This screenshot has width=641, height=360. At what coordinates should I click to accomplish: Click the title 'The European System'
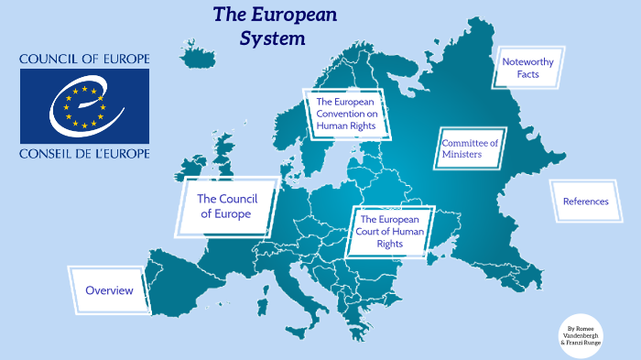coord(275,26)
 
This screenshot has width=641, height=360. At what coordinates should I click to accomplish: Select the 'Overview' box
coord(109,290)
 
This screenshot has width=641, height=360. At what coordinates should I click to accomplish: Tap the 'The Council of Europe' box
coord(224,206)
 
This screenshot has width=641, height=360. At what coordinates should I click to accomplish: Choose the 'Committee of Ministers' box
coord(469,148)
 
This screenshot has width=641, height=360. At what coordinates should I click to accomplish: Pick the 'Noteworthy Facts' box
coord(527,68)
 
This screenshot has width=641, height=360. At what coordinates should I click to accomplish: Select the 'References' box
coord(585,202)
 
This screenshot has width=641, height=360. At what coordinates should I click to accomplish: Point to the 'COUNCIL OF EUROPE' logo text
coord(84,60)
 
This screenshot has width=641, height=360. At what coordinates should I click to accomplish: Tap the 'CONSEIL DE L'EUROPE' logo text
coord(84,153)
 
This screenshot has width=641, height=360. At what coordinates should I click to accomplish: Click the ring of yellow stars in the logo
coord(85,105)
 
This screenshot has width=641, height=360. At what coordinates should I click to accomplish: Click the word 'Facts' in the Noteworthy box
coord(527,74)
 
